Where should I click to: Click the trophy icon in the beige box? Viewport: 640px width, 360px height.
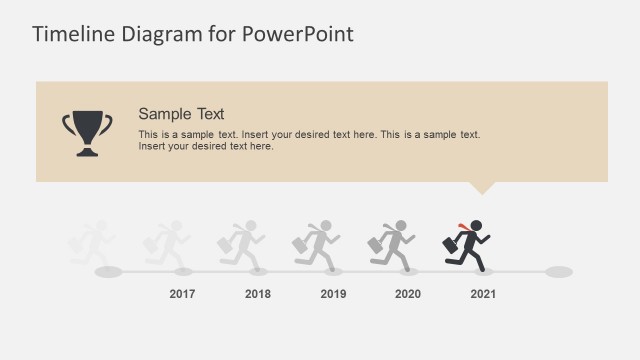tap(88, 133)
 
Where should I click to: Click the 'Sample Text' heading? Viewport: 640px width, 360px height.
tap(181, 113)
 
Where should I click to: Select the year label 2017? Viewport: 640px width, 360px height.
tap(182, 294)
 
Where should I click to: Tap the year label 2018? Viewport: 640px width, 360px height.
tap(258, 294)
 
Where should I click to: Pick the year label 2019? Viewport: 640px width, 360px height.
tap(333, 294)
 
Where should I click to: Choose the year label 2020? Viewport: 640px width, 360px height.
tap(408, 294)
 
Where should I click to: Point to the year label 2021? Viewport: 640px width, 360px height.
tap(483, 294)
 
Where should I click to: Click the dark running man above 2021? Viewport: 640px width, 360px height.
tap(470, 246)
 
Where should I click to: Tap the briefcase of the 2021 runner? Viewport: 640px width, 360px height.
tap(451, 243)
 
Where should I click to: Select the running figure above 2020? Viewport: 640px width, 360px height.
tap(393, 246)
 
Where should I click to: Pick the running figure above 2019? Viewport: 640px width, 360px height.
tap(318, 246)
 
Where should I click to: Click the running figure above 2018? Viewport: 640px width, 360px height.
tap(243, 246)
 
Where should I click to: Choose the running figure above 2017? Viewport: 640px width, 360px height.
tap(167, 246)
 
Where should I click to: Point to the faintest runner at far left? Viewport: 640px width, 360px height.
tap(92, 246)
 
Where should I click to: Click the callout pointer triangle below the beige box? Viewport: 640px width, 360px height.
tap(482, 187)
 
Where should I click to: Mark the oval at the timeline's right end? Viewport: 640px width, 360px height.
tap(559, 271)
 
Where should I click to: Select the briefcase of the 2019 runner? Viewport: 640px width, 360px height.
tap(301, 243)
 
